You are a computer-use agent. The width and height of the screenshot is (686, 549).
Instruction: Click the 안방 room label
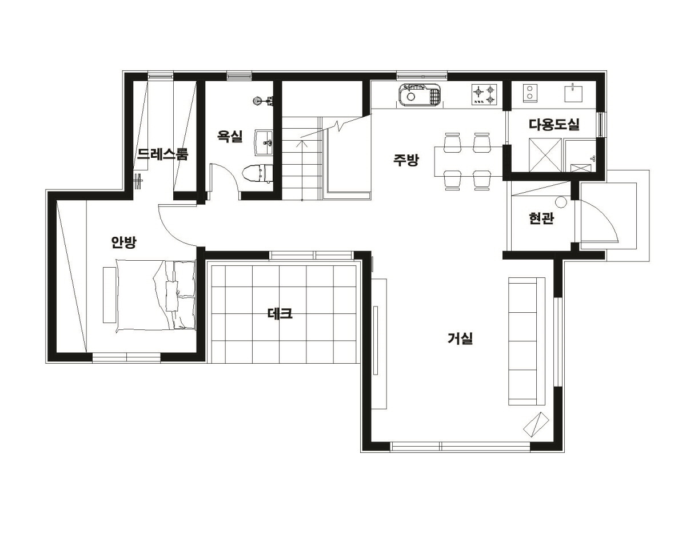point(123,242)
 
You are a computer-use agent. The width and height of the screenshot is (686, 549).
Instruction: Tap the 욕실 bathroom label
point(230,136)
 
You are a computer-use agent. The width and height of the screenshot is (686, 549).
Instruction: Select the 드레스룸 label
point(162,154)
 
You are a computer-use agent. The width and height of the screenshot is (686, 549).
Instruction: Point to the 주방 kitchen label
point(406,160)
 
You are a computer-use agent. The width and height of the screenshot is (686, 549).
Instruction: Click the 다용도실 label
point(554,124)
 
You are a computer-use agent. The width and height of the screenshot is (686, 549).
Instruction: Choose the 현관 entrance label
point(541,218)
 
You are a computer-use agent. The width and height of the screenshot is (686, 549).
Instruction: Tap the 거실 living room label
point(460,338)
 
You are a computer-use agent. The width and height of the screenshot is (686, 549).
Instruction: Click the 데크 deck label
point(280,314)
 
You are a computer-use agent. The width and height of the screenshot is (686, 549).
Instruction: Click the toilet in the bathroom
point(258,173)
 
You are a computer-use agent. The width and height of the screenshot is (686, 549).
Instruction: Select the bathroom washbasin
point(264,142)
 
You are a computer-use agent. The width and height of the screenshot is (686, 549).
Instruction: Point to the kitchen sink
point(420,94)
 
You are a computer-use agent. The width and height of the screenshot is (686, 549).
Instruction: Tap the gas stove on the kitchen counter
point(484,94)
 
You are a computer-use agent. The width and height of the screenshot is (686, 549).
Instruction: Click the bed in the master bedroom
point(155,296)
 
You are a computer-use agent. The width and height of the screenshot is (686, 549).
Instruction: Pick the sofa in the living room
point(527,341)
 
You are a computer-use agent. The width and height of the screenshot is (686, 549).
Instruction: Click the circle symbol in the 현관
point(561,202)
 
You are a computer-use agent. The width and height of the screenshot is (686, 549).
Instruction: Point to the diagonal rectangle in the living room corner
point(536,424)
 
